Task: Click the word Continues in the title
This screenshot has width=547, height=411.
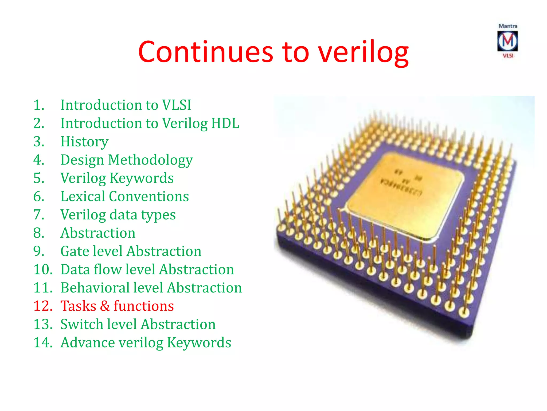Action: pos(206,52)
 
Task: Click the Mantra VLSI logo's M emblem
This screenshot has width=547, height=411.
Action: pos(507,41)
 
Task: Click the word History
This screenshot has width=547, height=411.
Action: pos(84,142)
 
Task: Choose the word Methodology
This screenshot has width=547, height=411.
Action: pos(150,160)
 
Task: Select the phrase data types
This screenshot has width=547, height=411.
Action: pos(143,215)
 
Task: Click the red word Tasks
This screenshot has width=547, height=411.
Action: pos(78,306)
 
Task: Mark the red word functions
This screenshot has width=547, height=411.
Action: pos(144,306)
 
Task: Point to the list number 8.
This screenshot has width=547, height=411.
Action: pos(39,233)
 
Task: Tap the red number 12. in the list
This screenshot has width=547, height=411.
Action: pos(43,306)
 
